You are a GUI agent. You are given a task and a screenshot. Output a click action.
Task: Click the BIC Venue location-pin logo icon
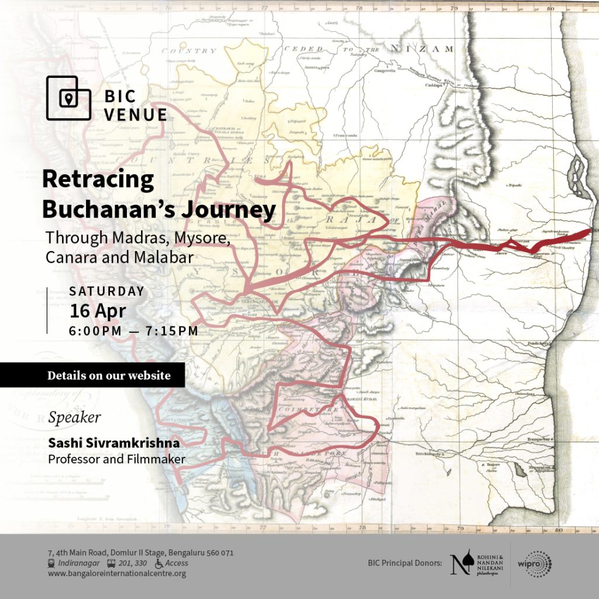68,98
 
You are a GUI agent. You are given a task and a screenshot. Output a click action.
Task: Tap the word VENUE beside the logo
135,115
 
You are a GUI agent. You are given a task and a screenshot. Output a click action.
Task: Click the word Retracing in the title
98,180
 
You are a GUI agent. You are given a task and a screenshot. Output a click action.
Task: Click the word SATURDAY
106,291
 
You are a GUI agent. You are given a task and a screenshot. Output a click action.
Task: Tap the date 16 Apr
98,310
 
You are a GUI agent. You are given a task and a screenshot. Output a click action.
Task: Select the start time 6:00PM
95,331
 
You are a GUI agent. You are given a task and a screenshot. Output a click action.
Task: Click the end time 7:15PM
172,331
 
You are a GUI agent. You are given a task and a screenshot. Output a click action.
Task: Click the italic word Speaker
74,418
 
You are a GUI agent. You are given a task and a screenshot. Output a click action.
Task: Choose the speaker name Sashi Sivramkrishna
113,444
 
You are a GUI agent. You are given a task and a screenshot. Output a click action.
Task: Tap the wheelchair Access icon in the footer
159,563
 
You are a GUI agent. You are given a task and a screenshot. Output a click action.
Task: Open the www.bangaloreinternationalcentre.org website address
117,574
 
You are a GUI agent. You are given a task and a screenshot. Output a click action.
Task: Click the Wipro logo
534,564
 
